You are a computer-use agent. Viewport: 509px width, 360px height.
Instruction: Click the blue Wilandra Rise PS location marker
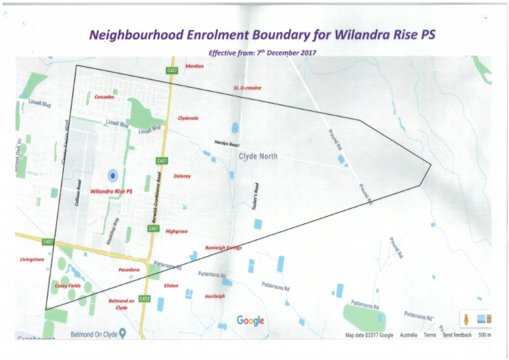[x=113, y=175]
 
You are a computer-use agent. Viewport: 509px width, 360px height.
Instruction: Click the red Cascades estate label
[x=105, y=97]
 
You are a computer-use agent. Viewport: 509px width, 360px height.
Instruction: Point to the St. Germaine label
[x=247, y=88]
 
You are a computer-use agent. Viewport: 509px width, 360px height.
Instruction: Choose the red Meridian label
[x=194, y=66]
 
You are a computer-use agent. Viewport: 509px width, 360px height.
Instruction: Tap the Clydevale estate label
[x=188, y=117]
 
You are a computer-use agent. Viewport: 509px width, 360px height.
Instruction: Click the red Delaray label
[x=182, y=176]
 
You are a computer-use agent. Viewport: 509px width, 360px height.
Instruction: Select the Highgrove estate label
[x=176, y=231]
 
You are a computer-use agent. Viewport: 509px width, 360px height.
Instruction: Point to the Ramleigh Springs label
[x=223, y=248]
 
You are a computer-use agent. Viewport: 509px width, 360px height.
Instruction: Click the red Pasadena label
[x=129, y=270]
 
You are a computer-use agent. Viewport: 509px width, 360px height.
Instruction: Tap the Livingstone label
[x=32, y=259]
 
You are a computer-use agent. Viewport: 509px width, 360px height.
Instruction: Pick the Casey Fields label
[x=68, y=286]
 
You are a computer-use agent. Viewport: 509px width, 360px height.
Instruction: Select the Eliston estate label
[x=170, y=285]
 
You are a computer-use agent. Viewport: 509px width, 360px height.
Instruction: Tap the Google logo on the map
[x=251, y=321]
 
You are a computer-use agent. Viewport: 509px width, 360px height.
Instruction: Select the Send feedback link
[x=457, y=335]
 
